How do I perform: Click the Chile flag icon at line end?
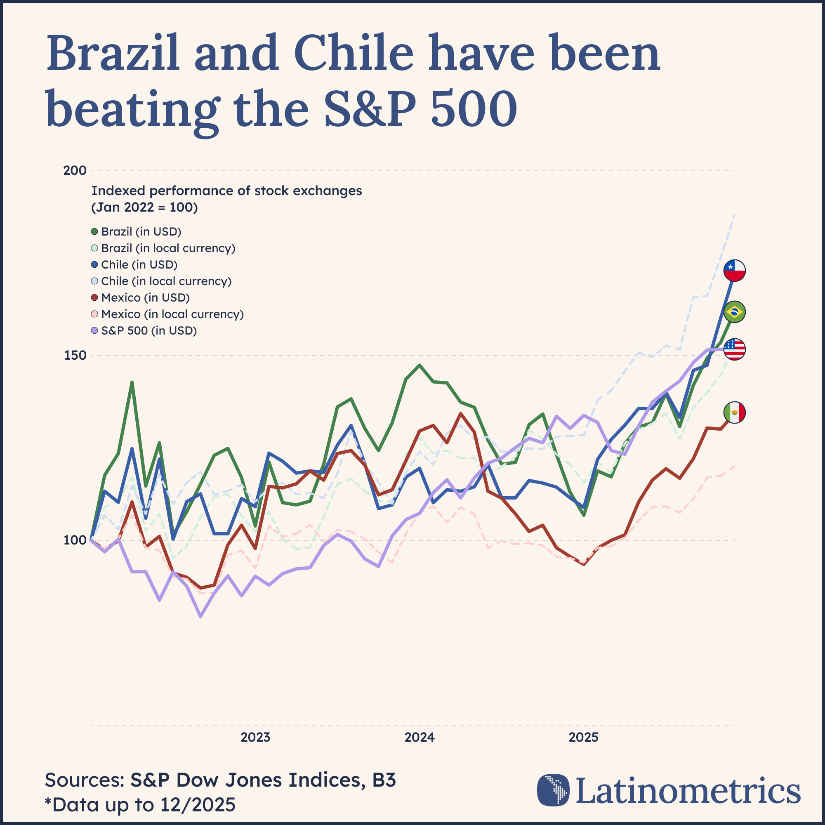(735, 270)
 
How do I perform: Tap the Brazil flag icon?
(735, 312)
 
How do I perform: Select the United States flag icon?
(735, 349)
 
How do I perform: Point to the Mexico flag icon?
(735, 412)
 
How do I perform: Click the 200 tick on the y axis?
(75, 171)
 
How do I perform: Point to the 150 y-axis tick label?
(75, 355)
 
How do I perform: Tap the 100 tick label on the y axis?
(75, 540)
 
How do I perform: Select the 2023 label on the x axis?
(255, 738)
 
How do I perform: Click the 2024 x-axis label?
(420, 738)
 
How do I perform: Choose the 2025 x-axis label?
(584, 738)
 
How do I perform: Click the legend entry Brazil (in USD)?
(141, 231)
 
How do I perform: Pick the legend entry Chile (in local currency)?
(166, 281)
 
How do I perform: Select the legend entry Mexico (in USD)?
(145, 298)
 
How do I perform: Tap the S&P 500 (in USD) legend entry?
(148, 330)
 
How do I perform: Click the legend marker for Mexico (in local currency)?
(95, 314)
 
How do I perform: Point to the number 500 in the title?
(474, 108)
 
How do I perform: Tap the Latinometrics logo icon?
(553, 790)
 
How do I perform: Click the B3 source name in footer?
(384, 780)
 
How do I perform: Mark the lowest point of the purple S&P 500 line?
(201, 616)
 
